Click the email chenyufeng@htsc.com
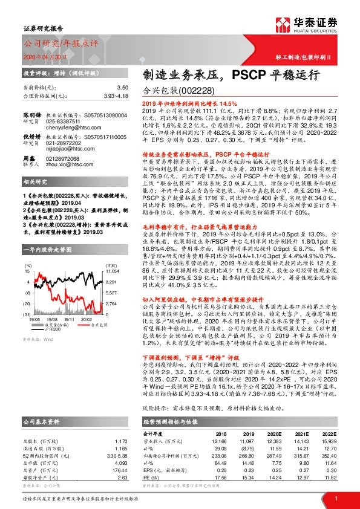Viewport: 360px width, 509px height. point(67,128)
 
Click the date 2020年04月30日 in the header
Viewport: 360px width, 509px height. point(41,56)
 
